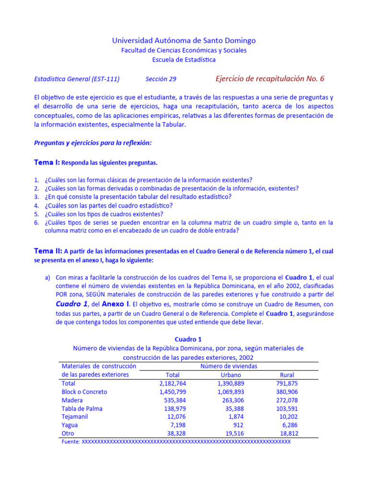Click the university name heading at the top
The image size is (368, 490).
pyautogui.click(x=184, y=41)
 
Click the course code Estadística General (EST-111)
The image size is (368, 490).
pyautogui.click(x=77, y=79)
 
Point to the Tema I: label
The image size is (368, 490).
pyautogui.click(x=46, y=162)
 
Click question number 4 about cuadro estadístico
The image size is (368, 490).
pyautogui.click(x=108, y=205)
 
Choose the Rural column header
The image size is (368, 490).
pyautogui.click(x=287, y=375)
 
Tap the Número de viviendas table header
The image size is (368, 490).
pyautogui.click(x=229, y=366)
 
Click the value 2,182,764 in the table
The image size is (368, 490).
pyautogui.click(x=172, y=383)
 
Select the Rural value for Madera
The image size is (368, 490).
pyautogui.click(x=287, y=400)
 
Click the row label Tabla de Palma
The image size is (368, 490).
pyautogui.click(x=82, y=409)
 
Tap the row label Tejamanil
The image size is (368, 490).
pyautogui.click(x=75, y=417)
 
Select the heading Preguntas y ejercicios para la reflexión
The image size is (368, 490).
pyautogui.click(x=93, y=143)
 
